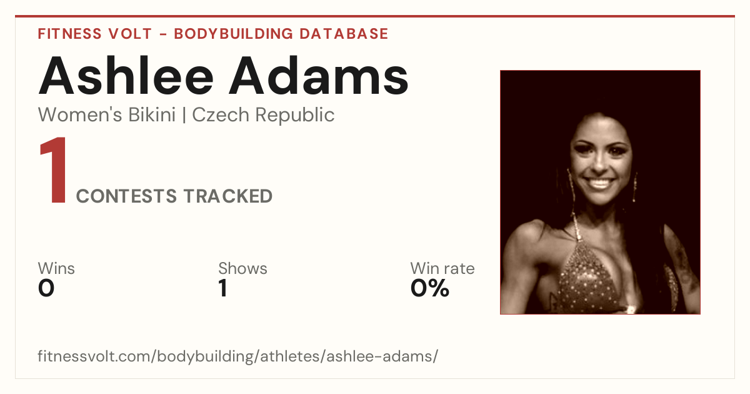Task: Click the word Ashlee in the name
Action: (126, 76)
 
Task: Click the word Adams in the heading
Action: (318, 76)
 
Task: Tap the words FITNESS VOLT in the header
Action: (95, 34)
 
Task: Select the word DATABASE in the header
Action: (344, 34)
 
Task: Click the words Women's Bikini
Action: (107, 115)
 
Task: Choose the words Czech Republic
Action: (263, 116)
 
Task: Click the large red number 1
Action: (53, 170)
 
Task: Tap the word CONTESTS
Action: (126, 196)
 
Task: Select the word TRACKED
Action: (228, 196)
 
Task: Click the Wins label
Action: (56, 268)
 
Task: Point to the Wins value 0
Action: (46, 288)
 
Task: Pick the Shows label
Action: (242, 268)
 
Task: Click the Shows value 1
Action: (223, 288)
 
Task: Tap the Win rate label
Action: (442, 268)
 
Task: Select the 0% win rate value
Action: (429, 288)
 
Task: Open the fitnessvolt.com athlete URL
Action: (237, 356)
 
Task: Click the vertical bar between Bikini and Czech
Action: (184, 115)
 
